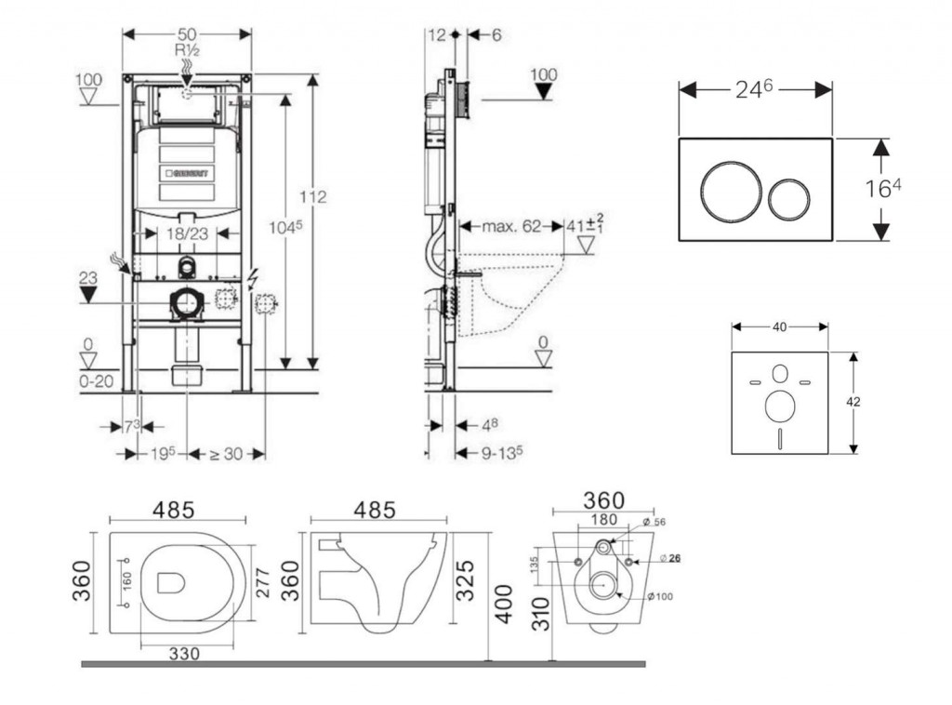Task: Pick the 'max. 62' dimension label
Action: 512,225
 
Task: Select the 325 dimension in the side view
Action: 469,579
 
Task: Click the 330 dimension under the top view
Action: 185,654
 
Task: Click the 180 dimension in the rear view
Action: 604,519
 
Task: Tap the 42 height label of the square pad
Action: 853,402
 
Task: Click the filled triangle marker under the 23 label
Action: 88,295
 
